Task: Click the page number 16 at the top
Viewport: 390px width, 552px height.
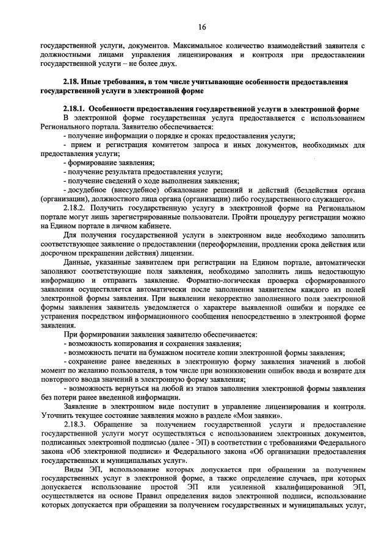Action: pyautogui.click(x=202, y=26)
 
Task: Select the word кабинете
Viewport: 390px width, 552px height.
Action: pyautogui.click(x=154, y=226)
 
